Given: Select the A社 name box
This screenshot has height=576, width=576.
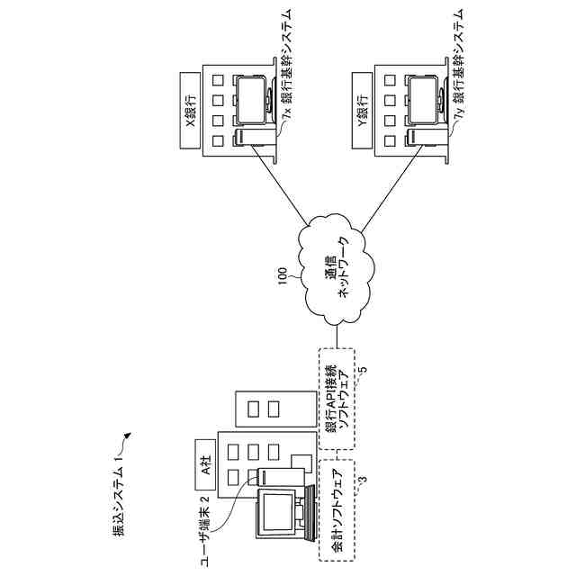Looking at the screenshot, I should pyautogui.click(x=204, y=470).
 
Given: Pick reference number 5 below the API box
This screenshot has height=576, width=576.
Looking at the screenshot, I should pyautogui.click(x=363, y=370).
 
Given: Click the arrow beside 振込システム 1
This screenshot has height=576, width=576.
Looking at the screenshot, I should pyautogui.click(x=126, y=438).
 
